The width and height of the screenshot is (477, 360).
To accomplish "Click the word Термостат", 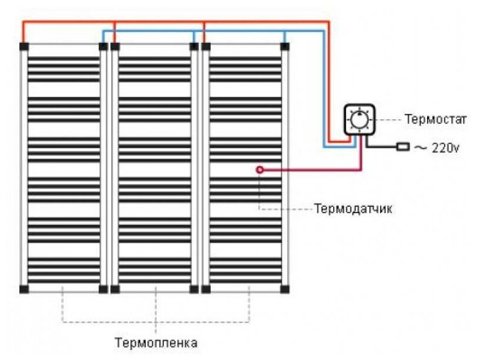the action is pyautogui.click(x=435, y=119).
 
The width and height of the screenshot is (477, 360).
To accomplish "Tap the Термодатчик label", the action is pyautogui.click(x=353, y=209).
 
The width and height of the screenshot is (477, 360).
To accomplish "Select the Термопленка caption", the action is pyautogui.click(x=156, y=342).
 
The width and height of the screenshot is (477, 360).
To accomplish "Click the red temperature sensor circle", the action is pyautogui.click(x=260, y=170).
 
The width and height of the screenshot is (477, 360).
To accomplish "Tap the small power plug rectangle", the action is pyautogui.click(x=403, y=147).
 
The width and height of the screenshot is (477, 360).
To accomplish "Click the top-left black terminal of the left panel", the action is pyautogui.click(x=24, y=46).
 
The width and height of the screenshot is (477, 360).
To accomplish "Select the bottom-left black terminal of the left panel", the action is pyautogui.click(x=24, y=289).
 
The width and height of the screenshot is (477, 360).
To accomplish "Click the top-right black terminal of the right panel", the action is pyautogui.click(x=284, y=46).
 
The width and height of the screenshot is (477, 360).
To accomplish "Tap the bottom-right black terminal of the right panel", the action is pyautogui.click(x=284, y=289).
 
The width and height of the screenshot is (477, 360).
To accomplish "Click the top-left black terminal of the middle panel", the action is pyautogui.click(x=115, y=46).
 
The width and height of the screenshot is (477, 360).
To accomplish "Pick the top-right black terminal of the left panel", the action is pyautogui.click(x=103, y=46).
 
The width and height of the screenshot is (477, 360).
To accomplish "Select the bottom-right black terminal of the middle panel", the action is pyautogui.click(x=194, y=289).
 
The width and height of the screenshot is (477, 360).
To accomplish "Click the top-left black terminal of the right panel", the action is pyautogui.click(x=206, y=46).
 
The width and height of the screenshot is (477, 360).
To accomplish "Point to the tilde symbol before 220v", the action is pyautogui.click(x=421, y=148).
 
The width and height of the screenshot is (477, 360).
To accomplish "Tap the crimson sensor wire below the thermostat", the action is pyautogui.click(x=310, y=170).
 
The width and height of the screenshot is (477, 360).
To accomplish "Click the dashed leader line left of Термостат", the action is pyautogui.click(x=389, y=120).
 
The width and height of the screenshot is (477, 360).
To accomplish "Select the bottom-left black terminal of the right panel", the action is pyautogui.click(x=206, y=289).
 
